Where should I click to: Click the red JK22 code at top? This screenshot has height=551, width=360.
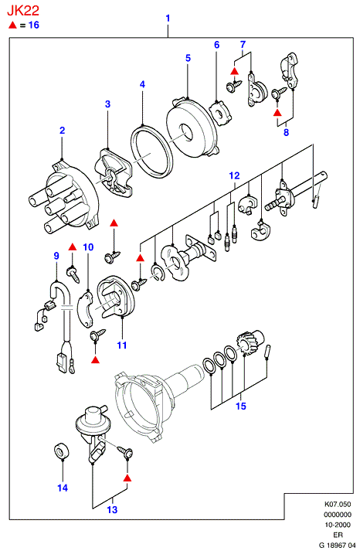pyautogui.click(x=23, y=11)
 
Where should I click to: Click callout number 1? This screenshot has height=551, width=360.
pyautogui.click(x=168, y=19)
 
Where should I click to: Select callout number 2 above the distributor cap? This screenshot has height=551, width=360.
pyautogui.click(x=62, y=131)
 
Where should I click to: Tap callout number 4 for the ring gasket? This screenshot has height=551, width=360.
pyautogui.click(x=142, y=84)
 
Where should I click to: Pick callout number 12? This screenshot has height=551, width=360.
pyautogui.click(x=235, y=175)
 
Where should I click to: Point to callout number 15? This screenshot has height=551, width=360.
pyautogui.click(x=241, y=406)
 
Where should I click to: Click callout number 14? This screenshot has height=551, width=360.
pyautogui.click(x=63, y=488)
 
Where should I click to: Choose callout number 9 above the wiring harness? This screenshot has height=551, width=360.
pyautogui.click(x=56, y=256)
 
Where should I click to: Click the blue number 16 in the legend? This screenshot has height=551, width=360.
pyautogui.click(x=34, y=25)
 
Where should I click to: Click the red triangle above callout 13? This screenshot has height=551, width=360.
pyautogui.click(x=127, y=478)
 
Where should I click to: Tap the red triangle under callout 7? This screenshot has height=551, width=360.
pyautogui.click(x=235, y=71)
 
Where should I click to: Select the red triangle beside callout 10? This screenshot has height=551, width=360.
pyautogui.click(x=73, y=247)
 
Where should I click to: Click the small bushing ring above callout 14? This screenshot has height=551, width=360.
pyautogui.click(x=62, y=451)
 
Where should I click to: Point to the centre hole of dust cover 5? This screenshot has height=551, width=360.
pyautogui.click(x=186, y=132)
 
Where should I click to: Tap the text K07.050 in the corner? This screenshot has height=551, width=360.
pyautogui.click(x=337, y=505)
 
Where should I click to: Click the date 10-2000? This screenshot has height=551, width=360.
pyautogui.click(x=337, y=525)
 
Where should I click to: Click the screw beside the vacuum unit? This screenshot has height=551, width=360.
pyautogui.click(x=125, y=451)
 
